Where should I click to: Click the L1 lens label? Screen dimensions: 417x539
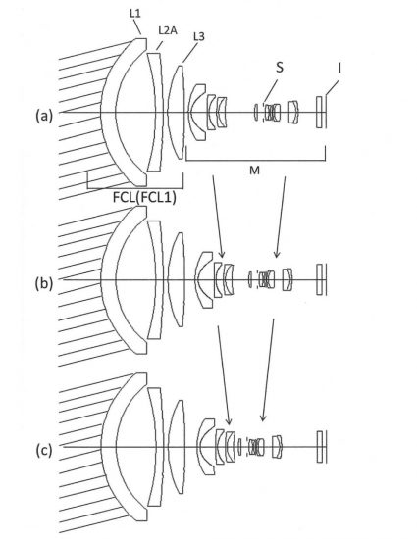135,14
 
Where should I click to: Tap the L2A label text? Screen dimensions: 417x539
168,30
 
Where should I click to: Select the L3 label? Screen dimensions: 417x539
199,36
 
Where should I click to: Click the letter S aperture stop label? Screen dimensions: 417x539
280,68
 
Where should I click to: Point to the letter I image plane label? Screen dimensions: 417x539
339,69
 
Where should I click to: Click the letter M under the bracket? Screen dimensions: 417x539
254,170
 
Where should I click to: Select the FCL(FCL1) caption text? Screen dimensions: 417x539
144,197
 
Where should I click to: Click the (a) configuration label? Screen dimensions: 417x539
44,116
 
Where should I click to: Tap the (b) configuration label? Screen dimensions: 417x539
44,283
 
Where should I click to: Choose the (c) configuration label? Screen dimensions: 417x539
44,451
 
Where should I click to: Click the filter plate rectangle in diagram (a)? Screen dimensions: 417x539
319,113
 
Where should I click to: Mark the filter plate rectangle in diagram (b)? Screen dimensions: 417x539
319,279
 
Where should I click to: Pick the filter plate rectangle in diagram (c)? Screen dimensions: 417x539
320,447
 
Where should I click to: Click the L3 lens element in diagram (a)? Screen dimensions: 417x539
177,113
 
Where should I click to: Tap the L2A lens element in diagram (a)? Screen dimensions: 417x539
156,113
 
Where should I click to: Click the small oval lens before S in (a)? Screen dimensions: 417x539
256,113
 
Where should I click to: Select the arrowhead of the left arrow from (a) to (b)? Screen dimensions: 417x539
222,254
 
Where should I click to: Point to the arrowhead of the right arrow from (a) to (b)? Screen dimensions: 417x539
277,254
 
